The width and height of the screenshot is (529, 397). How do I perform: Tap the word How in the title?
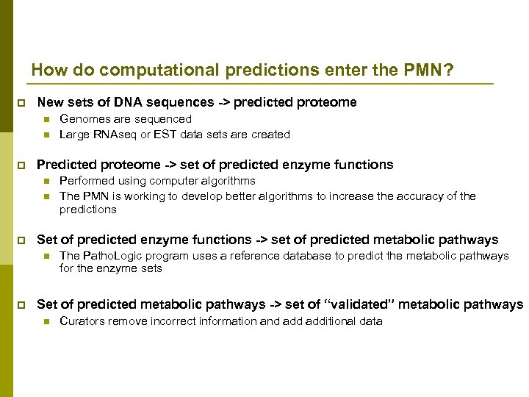pos(48,71)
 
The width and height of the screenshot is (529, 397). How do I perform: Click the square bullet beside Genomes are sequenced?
pos(46,120)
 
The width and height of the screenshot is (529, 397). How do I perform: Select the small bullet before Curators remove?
pos(46,322)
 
